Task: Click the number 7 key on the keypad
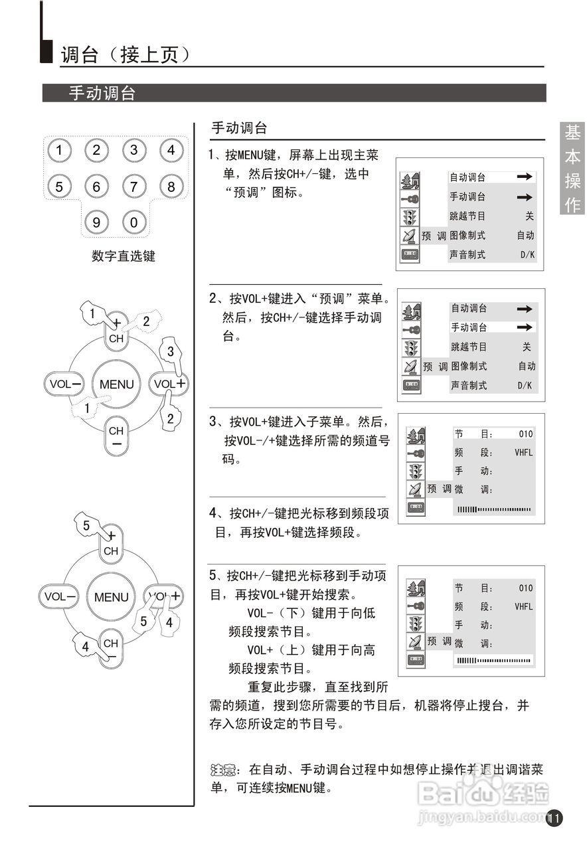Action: [x=133, y=187]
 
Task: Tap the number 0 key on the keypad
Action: [x=133, y=222]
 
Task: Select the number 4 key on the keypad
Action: [x=171, y=150]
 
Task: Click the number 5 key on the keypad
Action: [x=59, y=187]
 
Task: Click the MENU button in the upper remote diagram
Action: [x=116, y=384]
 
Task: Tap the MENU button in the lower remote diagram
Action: [x=111, y=597]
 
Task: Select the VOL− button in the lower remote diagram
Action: [x=60, y=596]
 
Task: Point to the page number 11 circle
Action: [x=554, y=818]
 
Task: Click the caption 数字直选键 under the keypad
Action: [x=123, y=256]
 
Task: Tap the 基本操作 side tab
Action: [x=572, y=169]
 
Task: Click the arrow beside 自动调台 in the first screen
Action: [x=525, y=177]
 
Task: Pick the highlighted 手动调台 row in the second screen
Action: [x=491, y=327]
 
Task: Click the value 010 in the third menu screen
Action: [x=525, y=434]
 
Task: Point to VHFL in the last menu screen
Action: [x=523, y=606]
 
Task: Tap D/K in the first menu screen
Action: [x=527, y=254]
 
